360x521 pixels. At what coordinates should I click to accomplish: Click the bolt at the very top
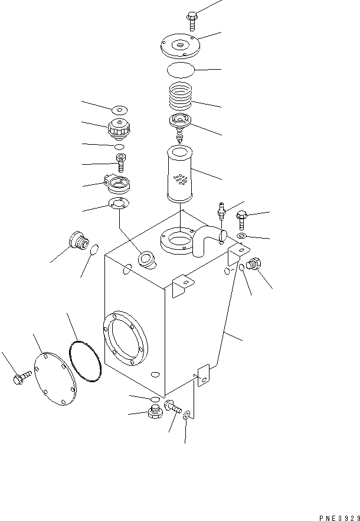(x=194, y=19)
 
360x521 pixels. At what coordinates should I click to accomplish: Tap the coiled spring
(x=181, y=96)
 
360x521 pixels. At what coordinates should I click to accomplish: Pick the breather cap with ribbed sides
(x=118, y=127)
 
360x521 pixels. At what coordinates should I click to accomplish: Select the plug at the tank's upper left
(x=78, y=241)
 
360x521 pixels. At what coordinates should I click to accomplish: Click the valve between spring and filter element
(x=179, y=125)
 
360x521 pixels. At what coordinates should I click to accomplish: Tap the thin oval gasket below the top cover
(x=180, y=69)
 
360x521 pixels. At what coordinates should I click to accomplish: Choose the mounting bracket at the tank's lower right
(x=204, y=375)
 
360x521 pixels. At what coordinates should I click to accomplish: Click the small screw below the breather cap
(x=120, y=160)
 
